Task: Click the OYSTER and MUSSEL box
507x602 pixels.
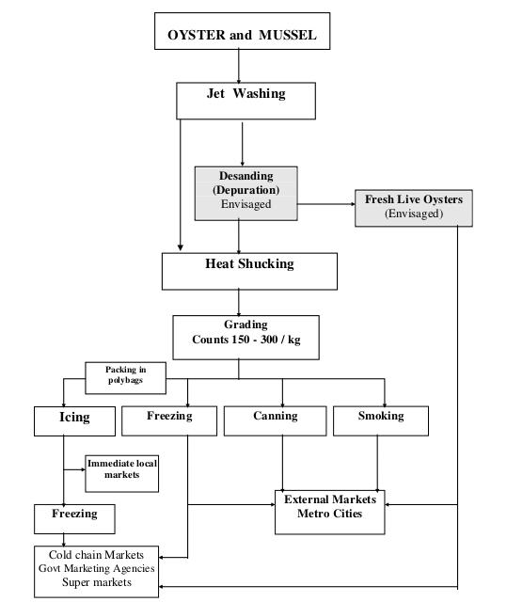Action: pos(242,31)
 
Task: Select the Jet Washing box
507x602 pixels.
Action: pos(246,101)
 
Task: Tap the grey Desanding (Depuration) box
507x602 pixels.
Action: pos(246,194)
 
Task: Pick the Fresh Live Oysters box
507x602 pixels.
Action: pos(414,208)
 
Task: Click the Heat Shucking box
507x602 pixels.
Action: pos(249,271)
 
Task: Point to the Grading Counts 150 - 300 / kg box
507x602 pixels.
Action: pos(246,338)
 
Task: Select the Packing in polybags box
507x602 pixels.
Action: pos(125,378)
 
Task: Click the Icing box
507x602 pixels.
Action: pos(74,421)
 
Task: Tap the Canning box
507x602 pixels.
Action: pos(276,420)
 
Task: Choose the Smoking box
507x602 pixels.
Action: pos(381,420)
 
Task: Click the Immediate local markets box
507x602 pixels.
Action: pos(121,474)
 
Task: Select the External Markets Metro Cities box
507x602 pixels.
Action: pos(329,512)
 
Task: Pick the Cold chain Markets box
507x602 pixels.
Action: pos(96,572)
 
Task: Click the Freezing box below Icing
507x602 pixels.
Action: pos(74,519)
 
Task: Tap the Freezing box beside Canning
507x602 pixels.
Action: pos(169,420)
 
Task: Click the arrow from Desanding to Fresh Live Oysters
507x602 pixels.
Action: pos(326,204)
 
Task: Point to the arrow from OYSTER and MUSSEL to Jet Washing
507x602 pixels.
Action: pos(239,66)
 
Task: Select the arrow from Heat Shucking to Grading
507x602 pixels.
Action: pos(239,303)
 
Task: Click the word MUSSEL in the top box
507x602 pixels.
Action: pos(288,35)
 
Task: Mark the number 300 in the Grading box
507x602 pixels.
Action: pos(269,340)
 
